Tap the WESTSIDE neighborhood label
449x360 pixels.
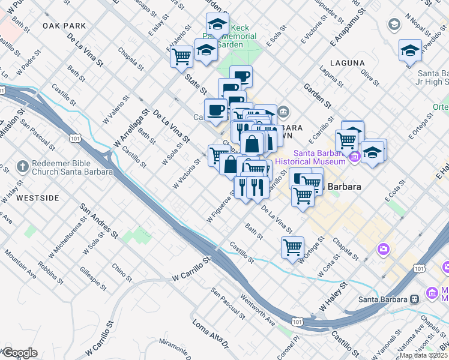38,197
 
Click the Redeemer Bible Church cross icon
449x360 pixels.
23,166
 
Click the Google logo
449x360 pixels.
19,353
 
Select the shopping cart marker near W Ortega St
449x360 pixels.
292,247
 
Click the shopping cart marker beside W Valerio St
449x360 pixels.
181,57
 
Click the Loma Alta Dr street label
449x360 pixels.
211,335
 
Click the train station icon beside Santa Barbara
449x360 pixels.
414,299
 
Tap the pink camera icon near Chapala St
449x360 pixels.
383,248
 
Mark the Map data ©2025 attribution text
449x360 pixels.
423,355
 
